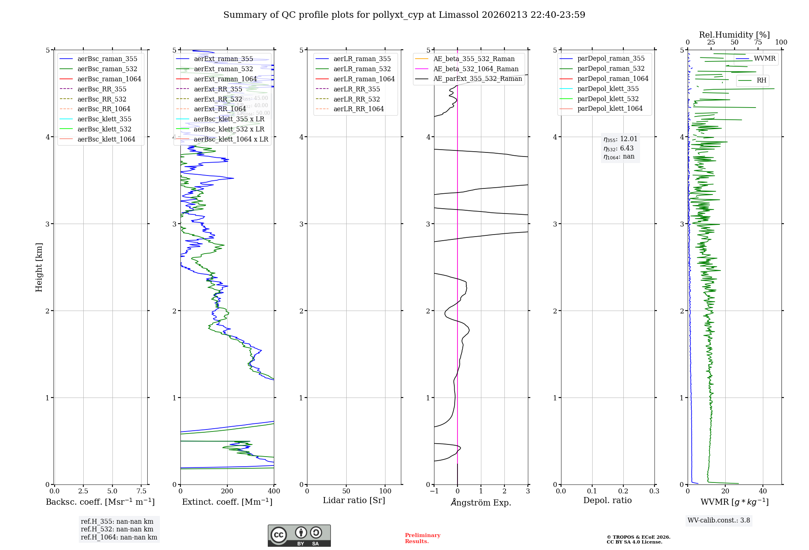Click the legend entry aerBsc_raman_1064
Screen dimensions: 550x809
109,79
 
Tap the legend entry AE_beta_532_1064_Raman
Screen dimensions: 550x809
476,69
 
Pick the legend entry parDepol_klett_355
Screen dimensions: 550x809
608,89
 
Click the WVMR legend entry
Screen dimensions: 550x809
765,59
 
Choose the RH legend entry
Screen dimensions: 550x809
761,80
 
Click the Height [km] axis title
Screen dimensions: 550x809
39,267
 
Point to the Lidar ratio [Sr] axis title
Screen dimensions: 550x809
354,500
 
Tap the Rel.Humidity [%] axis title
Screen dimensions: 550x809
734,35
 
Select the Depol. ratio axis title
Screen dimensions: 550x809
607,500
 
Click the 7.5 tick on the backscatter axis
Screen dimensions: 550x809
141,491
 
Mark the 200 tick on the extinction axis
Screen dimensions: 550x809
227,491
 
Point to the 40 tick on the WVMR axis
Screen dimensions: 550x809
763,491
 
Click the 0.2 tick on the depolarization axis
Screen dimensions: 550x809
623,491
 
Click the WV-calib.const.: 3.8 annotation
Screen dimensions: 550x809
719,520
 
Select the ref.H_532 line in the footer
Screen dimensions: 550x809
117,529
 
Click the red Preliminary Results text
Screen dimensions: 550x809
422,538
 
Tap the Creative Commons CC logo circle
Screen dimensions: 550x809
279,535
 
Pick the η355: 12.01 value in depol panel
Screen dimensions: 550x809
621,139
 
